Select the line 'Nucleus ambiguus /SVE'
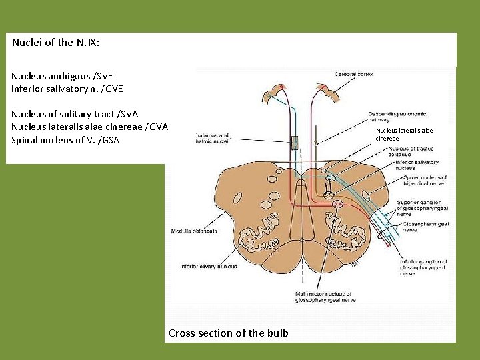click(62, 76)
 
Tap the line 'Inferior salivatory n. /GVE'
click(67, 89)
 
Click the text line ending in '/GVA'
click(89, 127)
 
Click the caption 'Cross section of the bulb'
click(229, 333)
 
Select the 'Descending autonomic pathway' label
click(394, 117)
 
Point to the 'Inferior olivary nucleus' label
click(208, 267)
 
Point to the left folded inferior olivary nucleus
click(260, 234)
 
